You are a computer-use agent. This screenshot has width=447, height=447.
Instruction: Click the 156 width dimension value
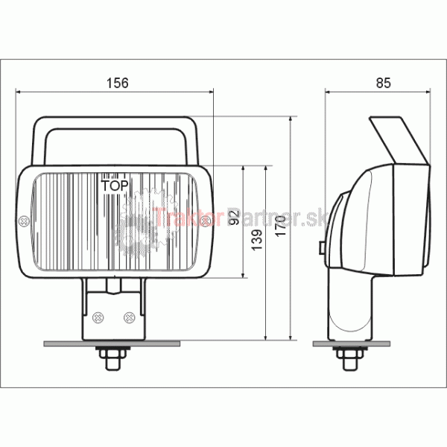coord(118,83)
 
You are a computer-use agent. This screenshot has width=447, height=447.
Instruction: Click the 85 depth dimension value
coord(384,83)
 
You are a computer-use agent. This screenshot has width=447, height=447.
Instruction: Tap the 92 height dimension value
coord(234,218)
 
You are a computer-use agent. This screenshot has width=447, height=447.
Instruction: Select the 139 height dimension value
coord(257,240)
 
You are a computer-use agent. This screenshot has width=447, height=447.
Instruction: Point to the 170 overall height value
coord(281,226)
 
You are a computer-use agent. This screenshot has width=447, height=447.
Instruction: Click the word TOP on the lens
coord(115,186)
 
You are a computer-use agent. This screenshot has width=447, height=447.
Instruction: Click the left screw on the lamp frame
coord(24,221)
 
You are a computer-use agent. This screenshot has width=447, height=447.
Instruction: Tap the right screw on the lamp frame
coord(206,221)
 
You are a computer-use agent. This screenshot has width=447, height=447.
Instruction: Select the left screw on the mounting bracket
coord(98,317)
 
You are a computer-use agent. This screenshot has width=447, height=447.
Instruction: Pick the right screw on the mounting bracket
coord(129,317)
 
